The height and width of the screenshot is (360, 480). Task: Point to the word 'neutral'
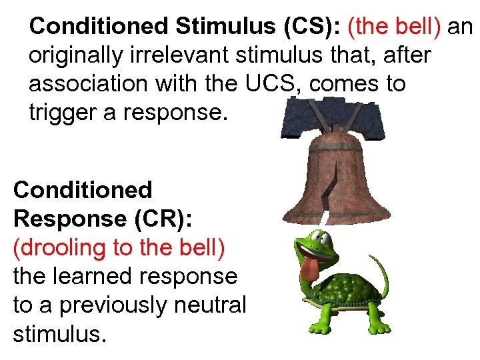[x=214, y=305]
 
